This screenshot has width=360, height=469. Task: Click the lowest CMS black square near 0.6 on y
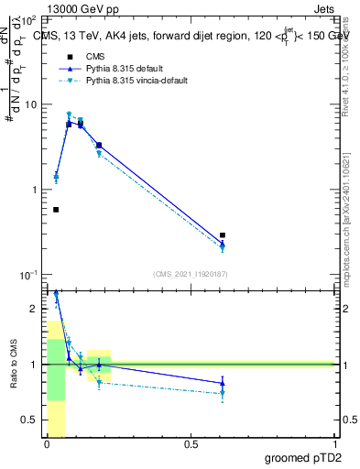[56, 210]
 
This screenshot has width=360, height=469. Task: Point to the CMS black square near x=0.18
[99, 145]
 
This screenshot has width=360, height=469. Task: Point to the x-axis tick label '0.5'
[191, 444]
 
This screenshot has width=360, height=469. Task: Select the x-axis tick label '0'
[47, 444]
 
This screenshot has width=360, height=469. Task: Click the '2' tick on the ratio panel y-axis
[35, 309]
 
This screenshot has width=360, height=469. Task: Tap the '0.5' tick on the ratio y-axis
[30, 420]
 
